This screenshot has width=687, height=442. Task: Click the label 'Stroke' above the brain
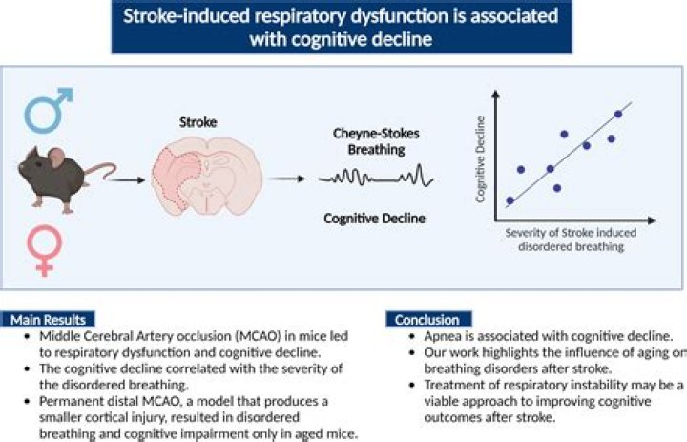point(198,123)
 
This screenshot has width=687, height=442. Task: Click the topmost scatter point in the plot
point(618,114)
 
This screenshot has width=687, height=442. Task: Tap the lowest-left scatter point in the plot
point(510,200)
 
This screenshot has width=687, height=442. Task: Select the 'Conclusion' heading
point(427,320)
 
